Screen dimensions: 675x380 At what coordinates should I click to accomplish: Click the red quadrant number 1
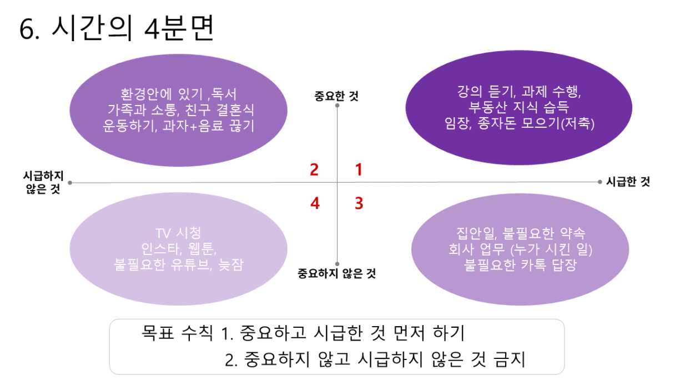click(359, 169)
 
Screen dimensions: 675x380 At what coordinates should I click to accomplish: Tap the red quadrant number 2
click(314, 169)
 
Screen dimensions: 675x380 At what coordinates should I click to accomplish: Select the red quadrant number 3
click(359, 203)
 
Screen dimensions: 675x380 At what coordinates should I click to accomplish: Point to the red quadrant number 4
click(315, 203)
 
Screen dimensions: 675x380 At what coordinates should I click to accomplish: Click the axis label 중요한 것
click(336, 96)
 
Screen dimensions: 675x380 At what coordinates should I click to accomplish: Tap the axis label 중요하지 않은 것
click(336, 273)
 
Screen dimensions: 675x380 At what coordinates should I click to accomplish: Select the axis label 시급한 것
click(628, 182)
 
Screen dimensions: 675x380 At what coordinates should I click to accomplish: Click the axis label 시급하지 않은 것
click(43, 182)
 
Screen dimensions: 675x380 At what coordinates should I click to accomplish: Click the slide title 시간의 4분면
click(133, 28)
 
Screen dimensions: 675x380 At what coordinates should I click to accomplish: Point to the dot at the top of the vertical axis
click(337, 105)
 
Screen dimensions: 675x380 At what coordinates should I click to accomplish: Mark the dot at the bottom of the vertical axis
click(337, 264)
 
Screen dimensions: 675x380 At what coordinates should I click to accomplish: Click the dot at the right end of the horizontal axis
click(600, 182)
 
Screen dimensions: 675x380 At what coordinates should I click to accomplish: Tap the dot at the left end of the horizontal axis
click(70, 183)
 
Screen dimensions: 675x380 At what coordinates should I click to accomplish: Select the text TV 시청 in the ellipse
click(178, 233)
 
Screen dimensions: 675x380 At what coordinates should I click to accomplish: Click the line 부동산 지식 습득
click(518, 107)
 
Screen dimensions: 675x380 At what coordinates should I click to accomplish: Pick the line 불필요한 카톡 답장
click(520, 265)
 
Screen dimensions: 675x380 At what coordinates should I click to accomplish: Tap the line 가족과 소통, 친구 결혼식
click(181, 110)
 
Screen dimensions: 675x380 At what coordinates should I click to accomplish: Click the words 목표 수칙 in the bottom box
click(177, 333)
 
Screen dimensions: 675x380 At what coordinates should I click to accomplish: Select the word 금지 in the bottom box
click(510, 359)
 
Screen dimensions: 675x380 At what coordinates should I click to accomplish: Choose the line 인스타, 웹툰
click(179, 249)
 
